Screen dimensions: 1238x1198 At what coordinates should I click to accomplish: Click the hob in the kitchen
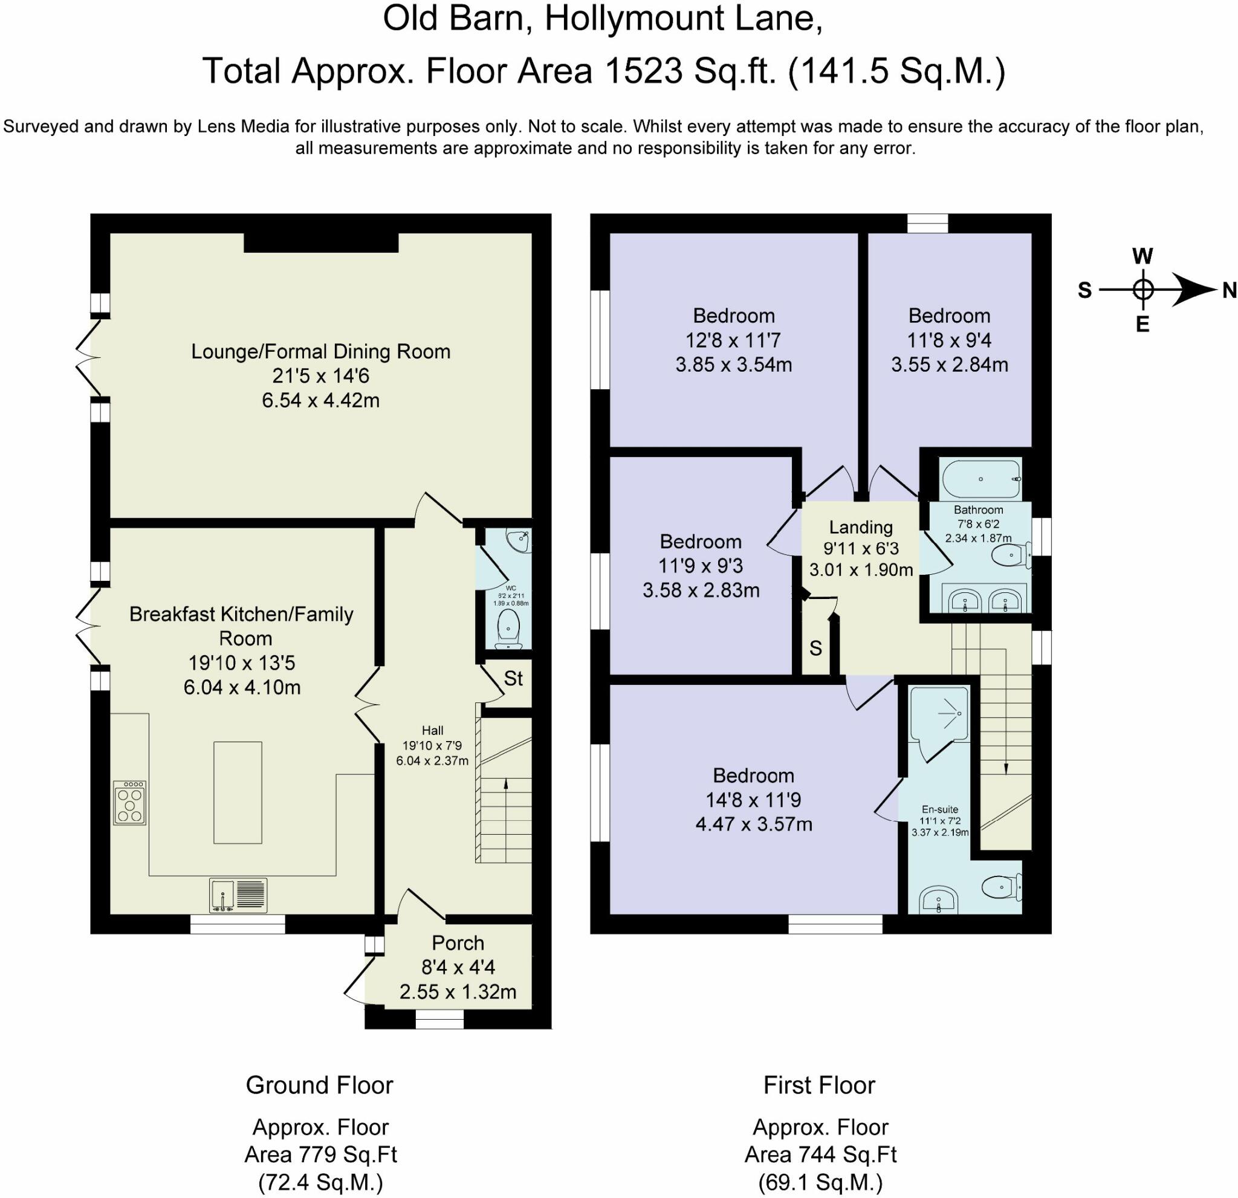tap(129, 803)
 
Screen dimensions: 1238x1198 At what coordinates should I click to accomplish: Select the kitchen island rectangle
tap(238, 792)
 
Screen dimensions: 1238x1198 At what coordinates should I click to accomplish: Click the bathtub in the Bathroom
tap(981, 479)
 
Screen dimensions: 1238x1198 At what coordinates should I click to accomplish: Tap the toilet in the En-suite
tap(1002, 888)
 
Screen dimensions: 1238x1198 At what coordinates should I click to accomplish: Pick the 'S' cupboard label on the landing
tap(815, 648)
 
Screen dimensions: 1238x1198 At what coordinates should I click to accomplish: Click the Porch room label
tap(458, 943)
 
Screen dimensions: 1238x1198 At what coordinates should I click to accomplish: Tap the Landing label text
tap(861, 526)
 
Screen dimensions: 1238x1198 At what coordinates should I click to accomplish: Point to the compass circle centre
tap(1142, 290)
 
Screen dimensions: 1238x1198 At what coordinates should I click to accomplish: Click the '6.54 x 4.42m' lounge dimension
tap(321, 400)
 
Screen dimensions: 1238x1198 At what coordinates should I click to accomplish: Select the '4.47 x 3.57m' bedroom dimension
tap(754, 824)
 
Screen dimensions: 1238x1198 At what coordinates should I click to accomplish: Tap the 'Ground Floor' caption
tap(320, 1085)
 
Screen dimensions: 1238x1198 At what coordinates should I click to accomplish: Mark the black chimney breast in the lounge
tap(321, 242)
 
